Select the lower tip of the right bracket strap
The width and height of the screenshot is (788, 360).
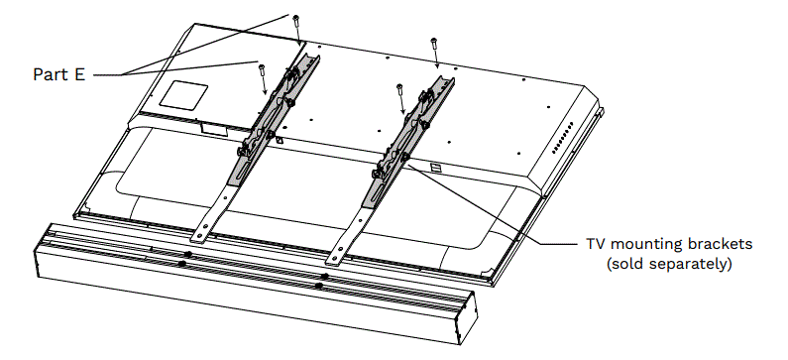pyautogui.click(x=338, y=259)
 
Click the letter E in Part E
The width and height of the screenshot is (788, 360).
pyautogui.click(x=78, y=73)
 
